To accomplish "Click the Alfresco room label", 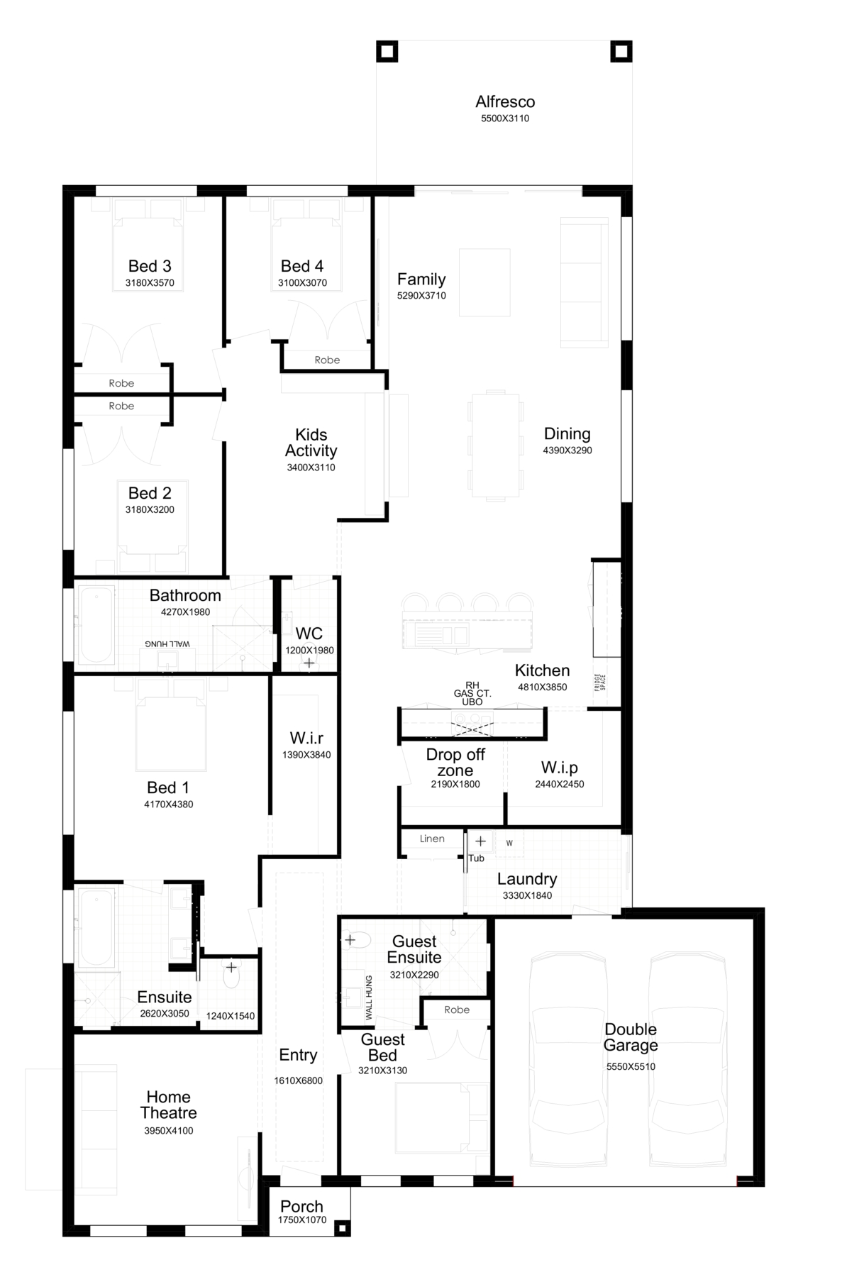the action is [505, 101].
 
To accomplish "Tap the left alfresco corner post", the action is [387, 52].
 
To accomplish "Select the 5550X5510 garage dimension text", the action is [631, 1066].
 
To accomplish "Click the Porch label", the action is [301, 1206].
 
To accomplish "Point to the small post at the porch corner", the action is [342, 1227].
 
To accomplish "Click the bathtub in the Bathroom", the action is [96, 625].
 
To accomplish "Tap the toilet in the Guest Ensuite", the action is [356, 941].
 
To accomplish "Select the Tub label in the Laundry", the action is [476, 858].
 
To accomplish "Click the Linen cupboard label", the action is [432, 839].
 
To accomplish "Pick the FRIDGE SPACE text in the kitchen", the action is [599, 682].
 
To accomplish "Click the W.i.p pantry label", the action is [559, 767].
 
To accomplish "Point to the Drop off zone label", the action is [455, 763].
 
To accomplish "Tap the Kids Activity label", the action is [311, 443].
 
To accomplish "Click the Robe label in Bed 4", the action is [327, 360].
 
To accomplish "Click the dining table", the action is [496, 445].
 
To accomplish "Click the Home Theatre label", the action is [168, 1105].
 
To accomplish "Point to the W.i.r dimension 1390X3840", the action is [306, 755].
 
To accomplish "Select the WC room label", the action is [309, 634].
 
